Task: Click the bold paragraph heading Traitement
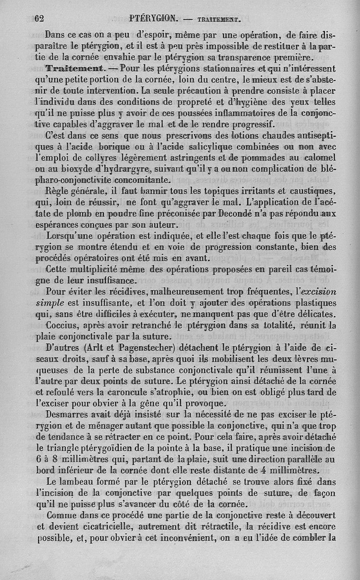click(x=75, y=68)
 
